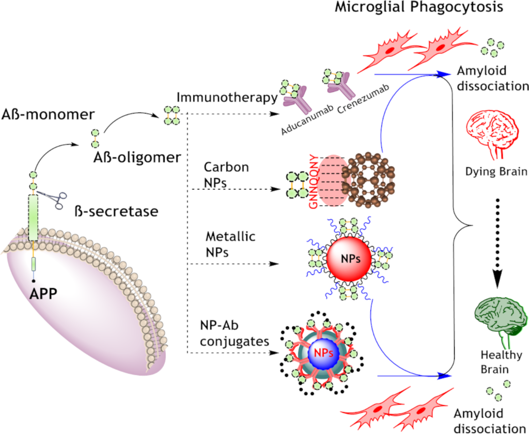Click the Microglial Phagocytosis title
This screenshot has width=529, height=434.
click(x=419, y=8)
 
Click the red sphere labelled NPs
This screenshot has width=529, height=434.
click(x=349, y=258)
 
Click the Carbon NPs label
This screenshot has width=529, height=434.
click(x=226, y=174)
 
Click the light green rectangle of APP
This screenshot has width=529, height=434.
click(x=34, y=217)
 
